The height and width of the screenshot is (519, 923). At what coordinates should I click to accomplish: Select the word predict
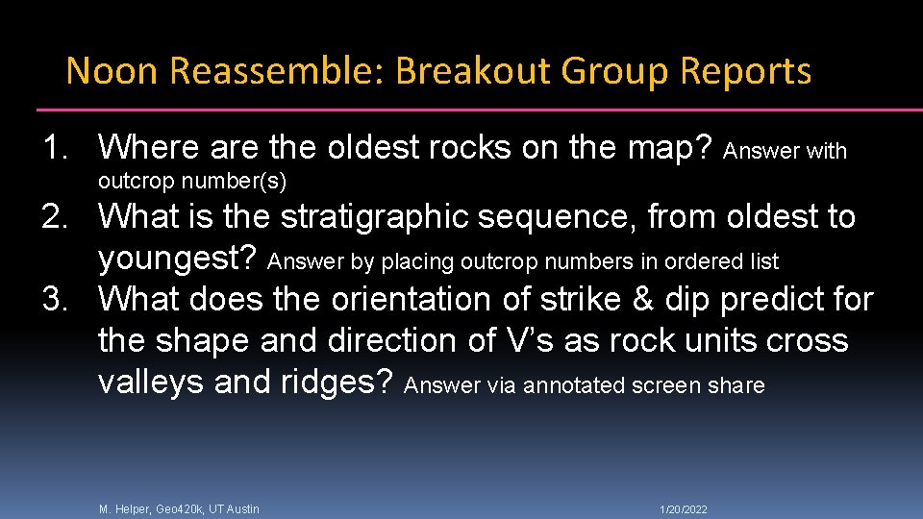[x=782, y=300]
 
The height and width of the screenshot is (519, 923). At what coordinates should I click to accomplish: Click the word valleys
[x=151, y=383]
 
